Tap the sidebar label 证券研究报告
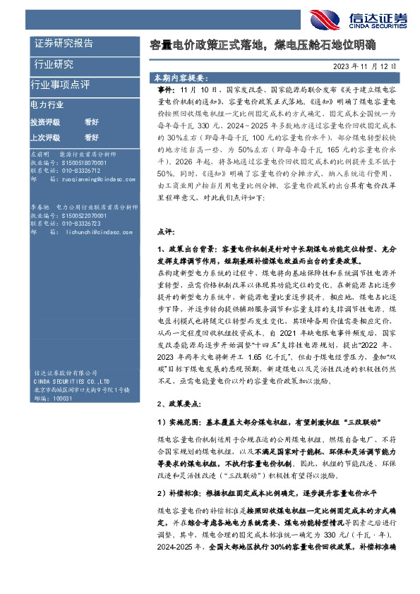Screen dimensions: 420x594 pos(64,44)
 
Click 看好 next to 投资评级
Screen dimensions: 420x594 pos(91,121)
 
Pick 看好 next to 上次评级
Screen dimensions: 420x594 pos(91,136)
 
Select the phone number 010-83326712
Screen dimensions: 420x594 pos(80,171)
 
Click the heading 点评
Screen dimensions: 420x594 pos(164,230)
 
